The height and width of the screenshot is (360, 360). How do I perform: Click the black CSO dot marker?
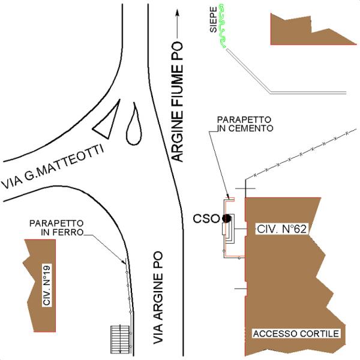[226, 218]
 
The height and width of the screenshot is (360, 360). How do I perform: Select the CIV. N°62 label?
[281, 229]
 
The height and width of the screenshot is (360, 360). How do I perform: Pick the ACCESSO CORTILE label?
[296, 334]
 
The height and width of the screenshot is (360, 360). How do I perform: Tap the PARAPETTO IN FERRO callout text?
[56, 227]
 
